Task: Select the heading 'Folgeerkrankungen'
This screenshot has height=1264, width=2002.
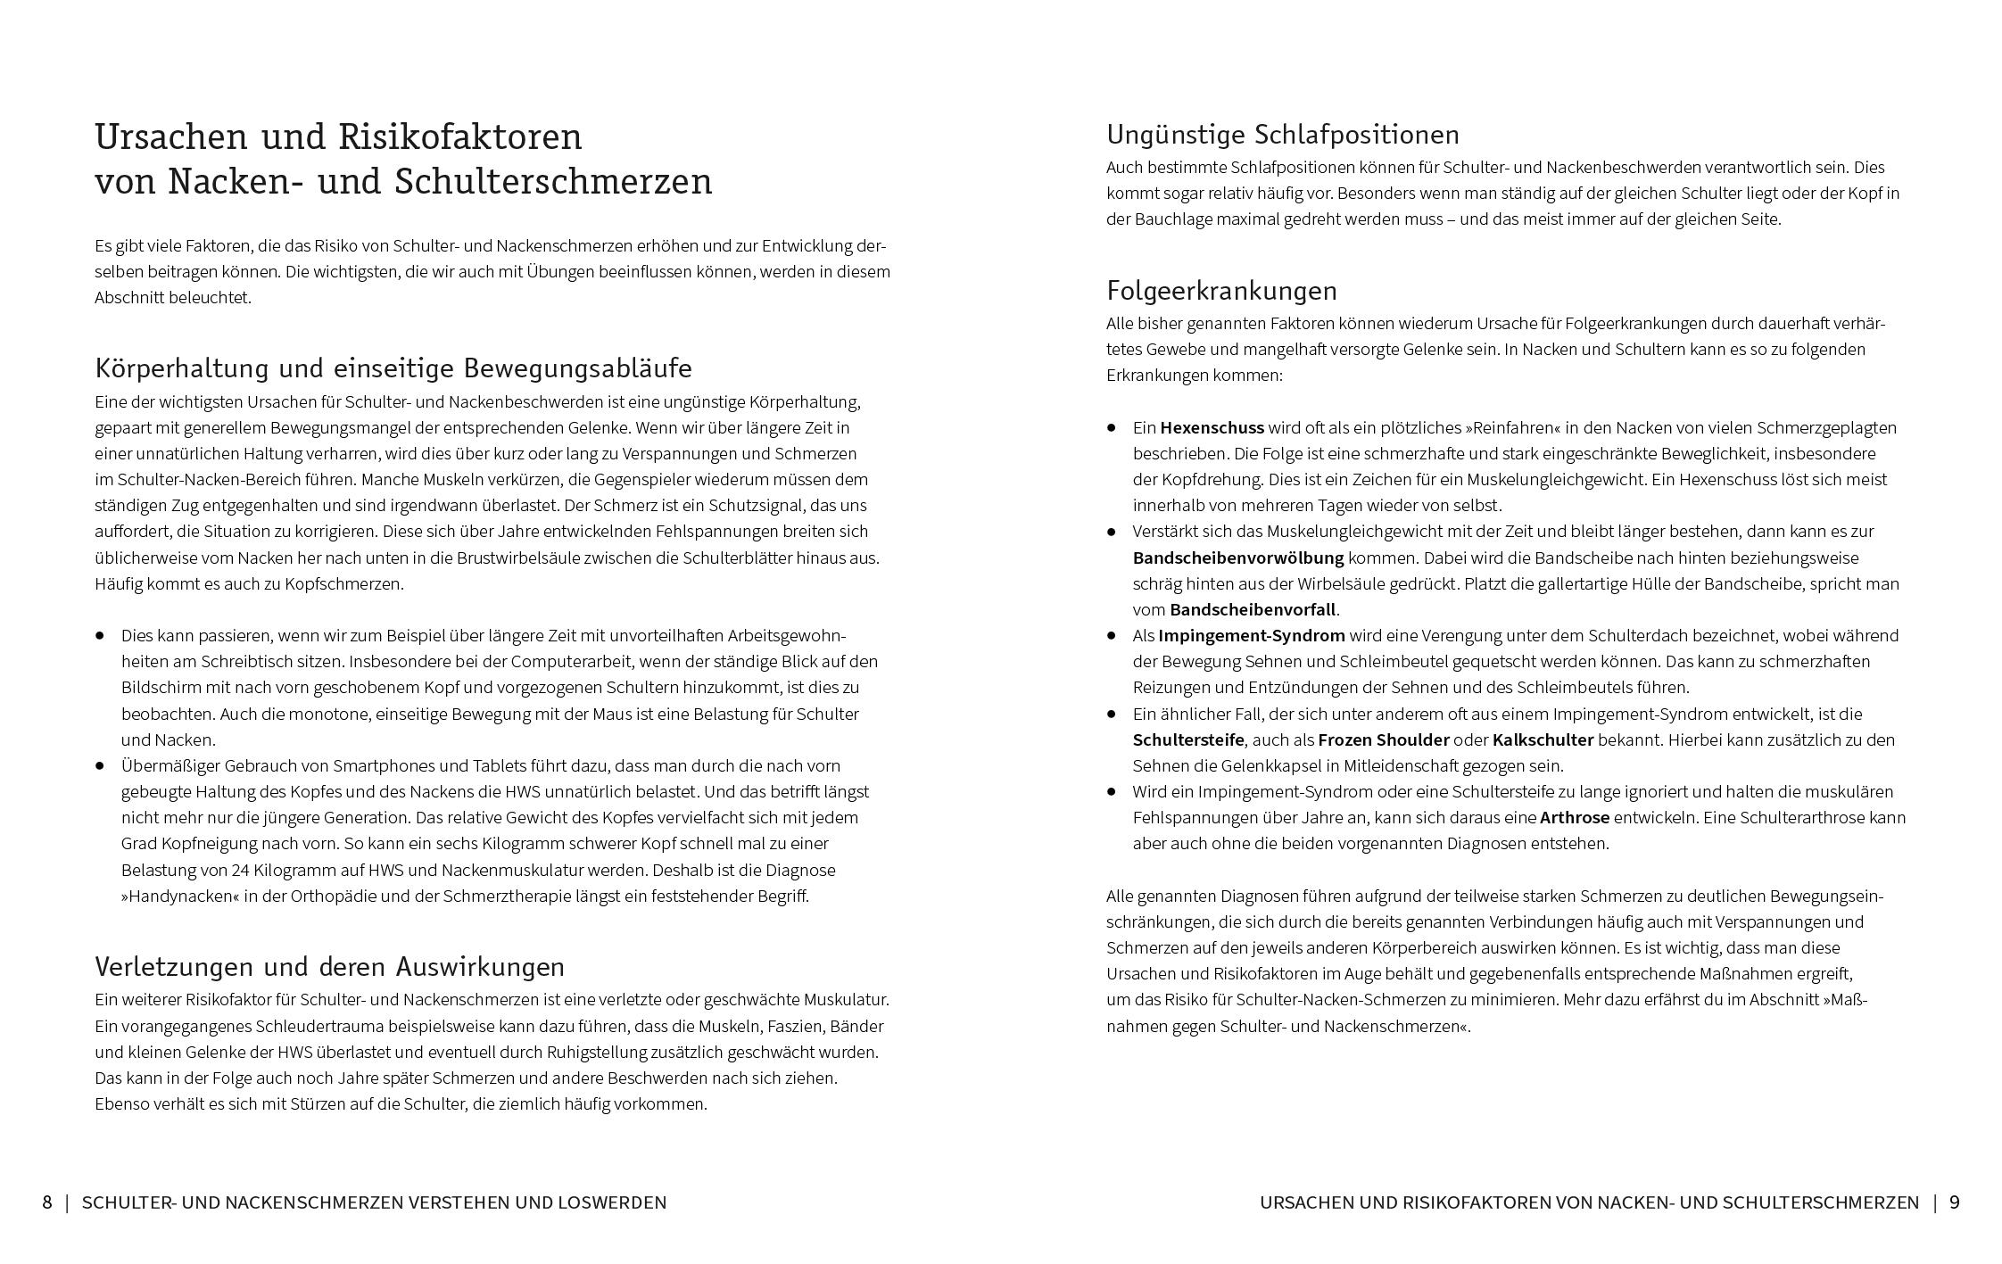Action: coord(1221,291)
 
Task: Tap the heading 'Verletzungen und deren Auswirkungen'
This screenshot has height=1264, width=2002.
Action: coord(329,967)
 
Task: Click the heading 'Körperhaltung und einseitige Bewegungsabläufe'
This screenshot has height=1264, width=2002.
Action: coord(393,368)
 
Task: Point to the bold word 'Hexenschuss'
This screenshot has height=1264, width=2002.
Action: coord(1212,427)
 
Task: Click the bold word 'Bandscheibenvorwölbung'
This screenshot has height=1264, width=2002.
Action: coord(1237,558)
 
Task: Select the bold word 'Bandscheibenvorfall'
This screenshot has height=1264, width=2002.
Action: coord(1253,609)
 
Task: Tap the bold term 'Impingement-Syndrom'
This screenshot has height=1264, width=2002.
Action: coord(1251,635)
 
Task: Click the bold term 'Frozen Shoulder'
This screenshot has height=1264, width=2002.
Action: coord(1383,739)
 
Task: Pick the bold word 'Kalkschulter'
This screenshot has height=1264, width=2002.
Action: coord(1543,739)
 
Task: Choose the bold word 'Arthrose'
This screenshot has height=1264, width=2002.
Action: coord(1575,817)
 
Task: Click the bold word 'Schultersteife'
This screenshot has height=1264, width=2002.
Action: coord(1187,739)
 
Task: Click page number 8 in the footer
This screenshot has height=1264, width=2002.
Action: coord(47,1202)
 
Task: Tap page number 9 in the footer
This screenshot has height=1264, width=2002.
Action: coord(1954,1202)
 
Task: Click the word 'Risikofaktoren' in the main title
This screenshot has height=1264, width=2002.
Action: coord(459,137)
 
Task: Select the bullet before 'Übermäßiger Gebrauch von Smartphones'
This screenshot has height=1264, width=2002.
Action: coord(101,765)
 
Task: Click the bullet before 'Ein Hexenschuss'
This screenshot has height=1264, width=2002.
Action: coord(1112,427)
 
